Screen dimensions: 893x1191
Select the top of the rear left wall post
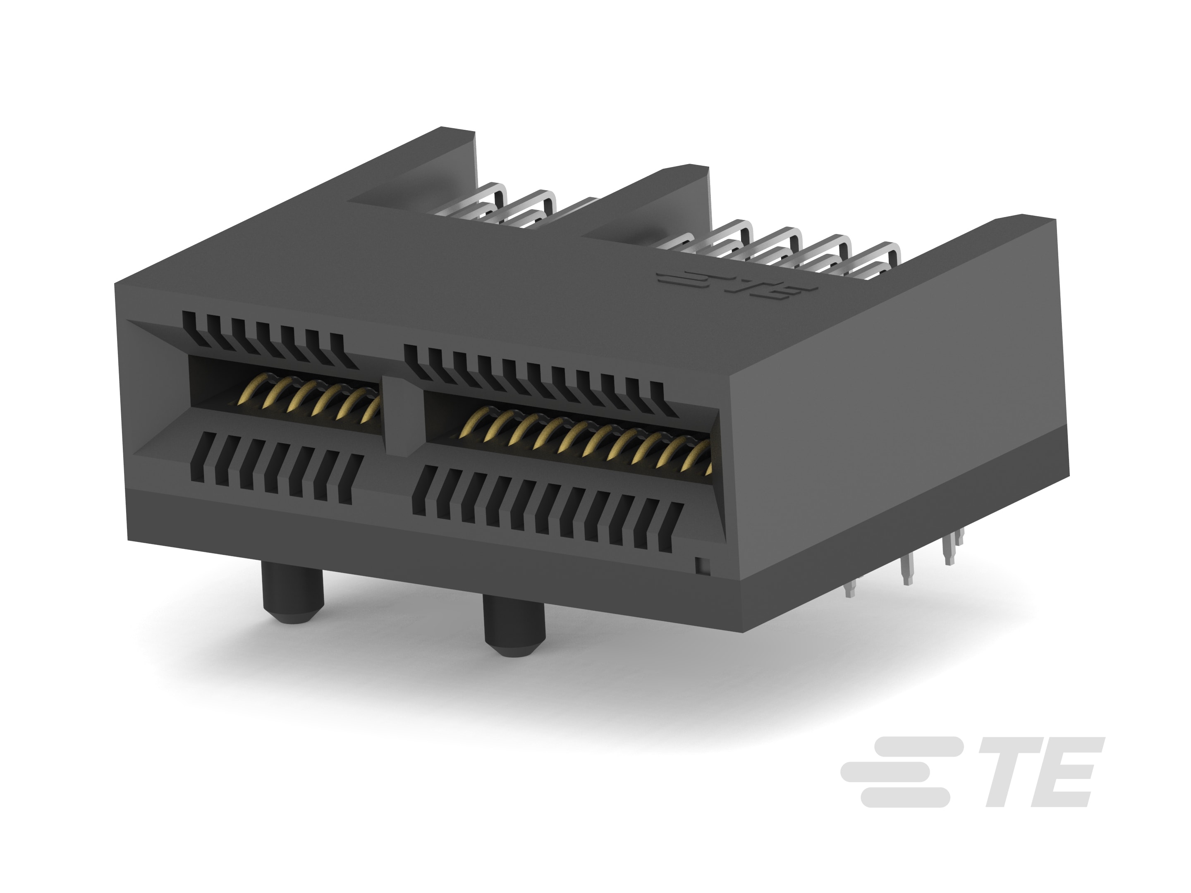(458, 132)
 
